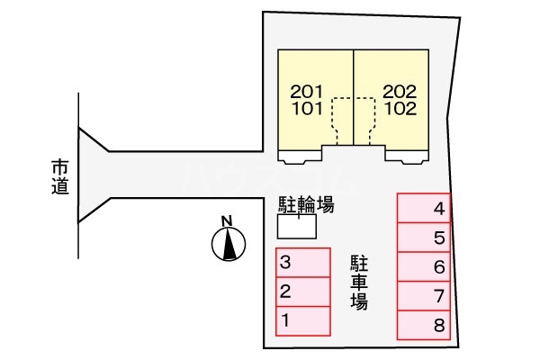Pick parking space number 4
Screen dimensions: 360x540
pyautogui.click(x=425, y=211)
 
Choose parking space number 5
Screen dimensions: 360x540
pyautogui.click(x=425, y=238)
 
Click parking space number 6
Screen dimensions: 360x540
pyautogui.click(x=425, y=267)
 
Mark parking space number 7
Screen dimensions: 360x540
pyautogui.click(x=425, y=296)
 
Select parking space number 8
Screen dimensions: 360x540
pyautogui.click(x=425, y=325)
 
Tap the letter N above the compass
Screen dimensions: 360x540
pyautogui.click(x=228, y=220)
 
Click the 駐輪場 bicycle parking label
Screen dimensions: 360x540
pyautogui.click(x=306, y=205)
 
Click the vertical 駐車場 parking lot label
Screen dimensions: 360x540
pyautogui.click(x=359, y=282)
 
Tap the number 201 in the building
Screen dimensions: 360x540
pyautogui.click(x=307, y=91)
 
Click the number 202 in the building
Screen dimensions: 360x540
pyautogui.click(x=400, y=91)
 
